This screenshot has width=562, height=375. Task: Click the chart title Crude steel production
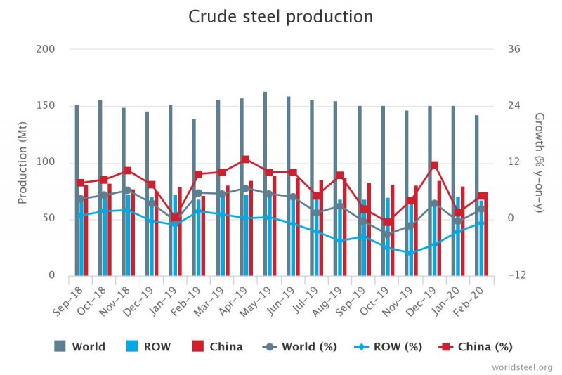[x=281, y=16]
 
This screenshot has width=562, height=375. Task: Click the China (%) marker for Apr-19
[x=245, y=159]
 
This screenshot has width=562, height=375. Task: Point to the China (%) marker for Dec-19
[x=435, y=165]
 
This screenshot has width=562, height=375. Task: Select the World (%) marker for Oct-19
[x=388, y=234]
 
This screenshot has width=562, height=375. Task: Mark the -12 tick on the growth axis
[x=513, y=275]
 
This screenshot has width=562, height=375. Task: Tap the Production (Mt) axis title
[x=22, y=162]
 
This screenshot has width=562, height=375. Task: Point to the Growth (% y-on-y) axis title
[x=540, y=162]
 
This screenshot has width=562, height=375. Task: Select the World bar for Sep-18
[x=77, y=190]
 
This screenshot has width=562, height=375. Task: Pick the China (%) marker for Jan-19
[x=175, y=218]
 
